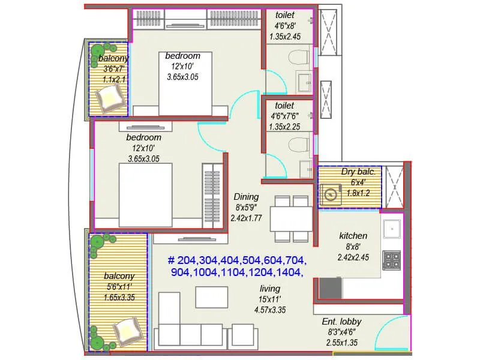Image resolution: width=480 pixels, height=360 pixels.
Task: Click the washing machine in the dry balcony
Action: pyautogui.click(x=331, y=193)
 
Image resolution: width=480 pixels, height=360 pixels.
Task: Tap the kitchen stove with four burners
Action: pyautogui.click(x=392, y=259)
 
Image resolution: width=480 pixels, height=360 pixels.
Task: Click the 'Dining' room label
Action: pyautogui.click(x=246, y=197)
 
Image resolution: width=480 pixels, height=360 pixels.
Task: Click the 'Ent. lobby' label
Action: pyautogui.click(x=342, y=322)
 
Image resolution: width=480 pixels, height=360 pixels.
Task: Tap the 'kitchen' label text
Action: pyautogui.click(x=353, y=236)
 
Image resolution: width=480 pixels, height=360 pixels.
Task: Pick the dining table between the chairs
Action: pyautogui.click(x=291, y=219)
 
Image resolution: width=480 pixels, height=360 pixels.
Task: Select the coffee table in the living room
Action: pyautogui.click(x=211, y=297)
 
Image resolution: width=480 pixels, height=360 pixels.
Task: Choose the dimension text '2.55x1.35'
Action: pyautogui.click(x=342, y=343)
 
